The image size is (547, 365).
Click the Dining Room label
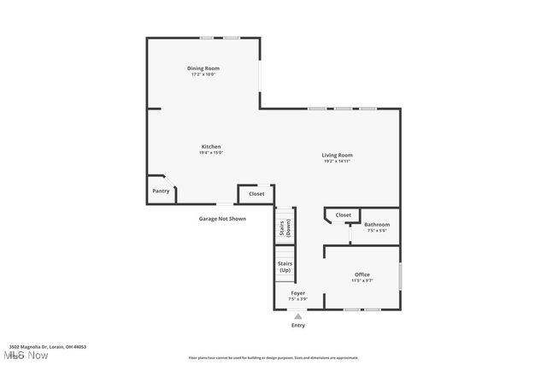tap(203, 68)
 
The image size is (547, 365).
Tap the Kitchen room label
tap(210, 146)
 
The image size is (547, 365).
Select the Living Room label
tap(337, 155)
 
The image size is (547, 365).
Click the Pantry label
tap(161, 191)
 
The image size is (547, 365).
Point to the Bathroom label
tap(377, 225)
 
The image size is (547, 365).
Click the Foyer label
tap(297, 293)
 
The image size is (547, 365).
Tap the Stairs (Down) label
tap(285, 228)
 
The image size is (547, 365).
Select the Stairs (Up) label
tap(285, 267)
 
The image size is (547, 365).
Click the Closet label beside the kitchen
tap(256, 194)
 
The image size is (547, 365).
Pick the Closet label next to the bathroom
tap(343, 215)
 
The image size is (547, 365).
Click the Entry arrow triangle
tap(298, 315)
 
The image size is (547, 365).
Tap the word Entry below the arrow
tap(298, 325)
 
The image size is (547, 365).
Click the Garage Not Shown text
tap(222, 218)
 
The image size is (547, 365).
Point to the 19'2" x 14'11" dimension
tap(337, 161)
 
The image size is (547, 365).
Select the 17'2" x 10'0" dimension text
tap(203, 74)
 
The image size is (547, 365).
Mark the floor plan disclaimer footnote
tap(273, 358)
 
